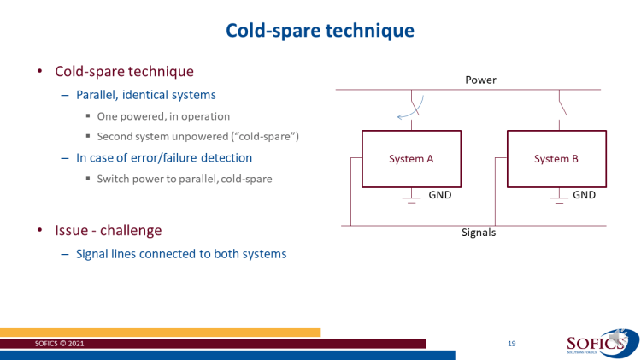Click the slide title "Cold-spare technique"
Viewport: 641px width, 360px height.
[320, 31]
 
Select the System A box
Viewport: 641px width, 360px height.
[411, 159]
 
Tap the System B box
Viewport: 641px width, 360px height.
[556, 159]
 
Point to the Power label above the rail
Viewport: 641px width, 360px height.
[480, 80]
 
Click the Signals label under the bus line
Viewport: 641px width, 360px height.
[479, 233]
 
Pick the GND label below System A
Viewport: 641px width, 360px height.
[440, 195]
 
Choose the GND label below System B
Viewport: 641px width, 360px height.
[585, 195]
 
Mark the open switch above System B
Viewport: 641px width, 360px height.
[562, 105]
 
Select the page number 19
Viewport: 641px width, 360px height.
[511, 344]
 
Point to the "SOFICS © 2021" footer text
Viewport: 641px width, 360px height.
[59, 344]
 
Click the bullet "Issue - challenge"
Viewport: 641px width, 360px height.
[109, 230]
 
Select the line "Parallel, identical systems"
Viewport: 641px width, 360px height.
[146, 95]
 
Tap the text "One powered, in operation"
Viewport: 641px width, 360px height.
[163, 116]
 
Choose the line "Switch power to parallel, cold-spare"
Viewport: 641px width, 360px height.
[185, 179]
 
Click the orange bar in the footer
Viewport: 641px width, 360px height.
[161, 332]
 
